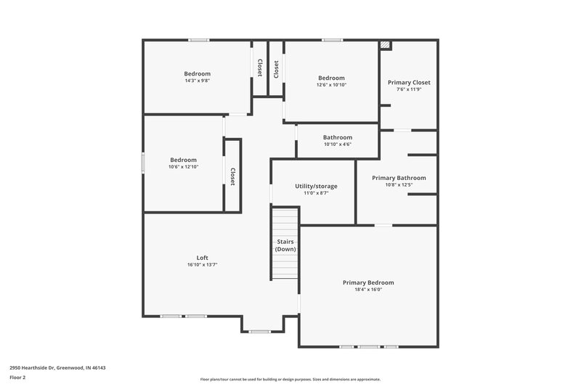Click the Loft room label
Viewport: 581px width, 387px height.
tap(203, 258)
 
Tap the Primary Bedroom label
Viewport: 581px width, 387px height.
tap(367, 282)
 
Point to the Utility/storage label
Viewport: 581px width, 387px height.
tap(316, 186)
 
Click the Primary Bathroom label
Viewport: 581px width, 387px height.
tap(399, 178)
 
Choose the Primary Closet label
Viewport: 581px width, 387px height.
tap(409, 83)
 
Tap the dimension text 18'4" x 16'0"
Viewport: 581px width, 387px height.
tap(367, 290)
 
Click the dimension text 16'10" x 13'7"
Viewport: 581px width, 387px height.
tap(203, 265)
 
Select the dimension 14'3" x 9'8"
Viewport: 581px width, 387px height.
tap(197, 81)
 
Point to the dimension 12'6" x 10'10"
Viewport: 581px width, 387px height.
tap(331, 85)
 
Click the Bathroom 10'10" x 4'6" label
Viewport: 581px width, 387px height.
tap(338, 140)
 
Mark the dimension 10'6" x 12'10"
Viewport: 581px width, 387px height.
tap(184, 167)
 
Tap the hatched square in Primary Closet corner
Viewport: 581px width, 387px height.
tap(385, 45)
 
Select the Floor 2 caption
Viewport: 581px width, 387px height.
tap(18, 378)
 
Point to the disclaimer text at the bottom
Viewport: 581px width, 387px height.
tap(290, 379)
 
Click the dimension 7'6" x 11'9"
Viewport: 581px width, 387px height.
tap(409, 89)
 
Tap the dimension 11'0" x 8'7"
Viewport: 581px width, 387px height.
tap(316, 193)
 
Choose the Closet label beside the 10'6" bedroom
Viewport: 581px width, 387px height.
tap(232, 176)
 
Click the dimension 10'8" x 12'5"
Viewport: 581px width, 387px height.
tap(399, 184)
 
